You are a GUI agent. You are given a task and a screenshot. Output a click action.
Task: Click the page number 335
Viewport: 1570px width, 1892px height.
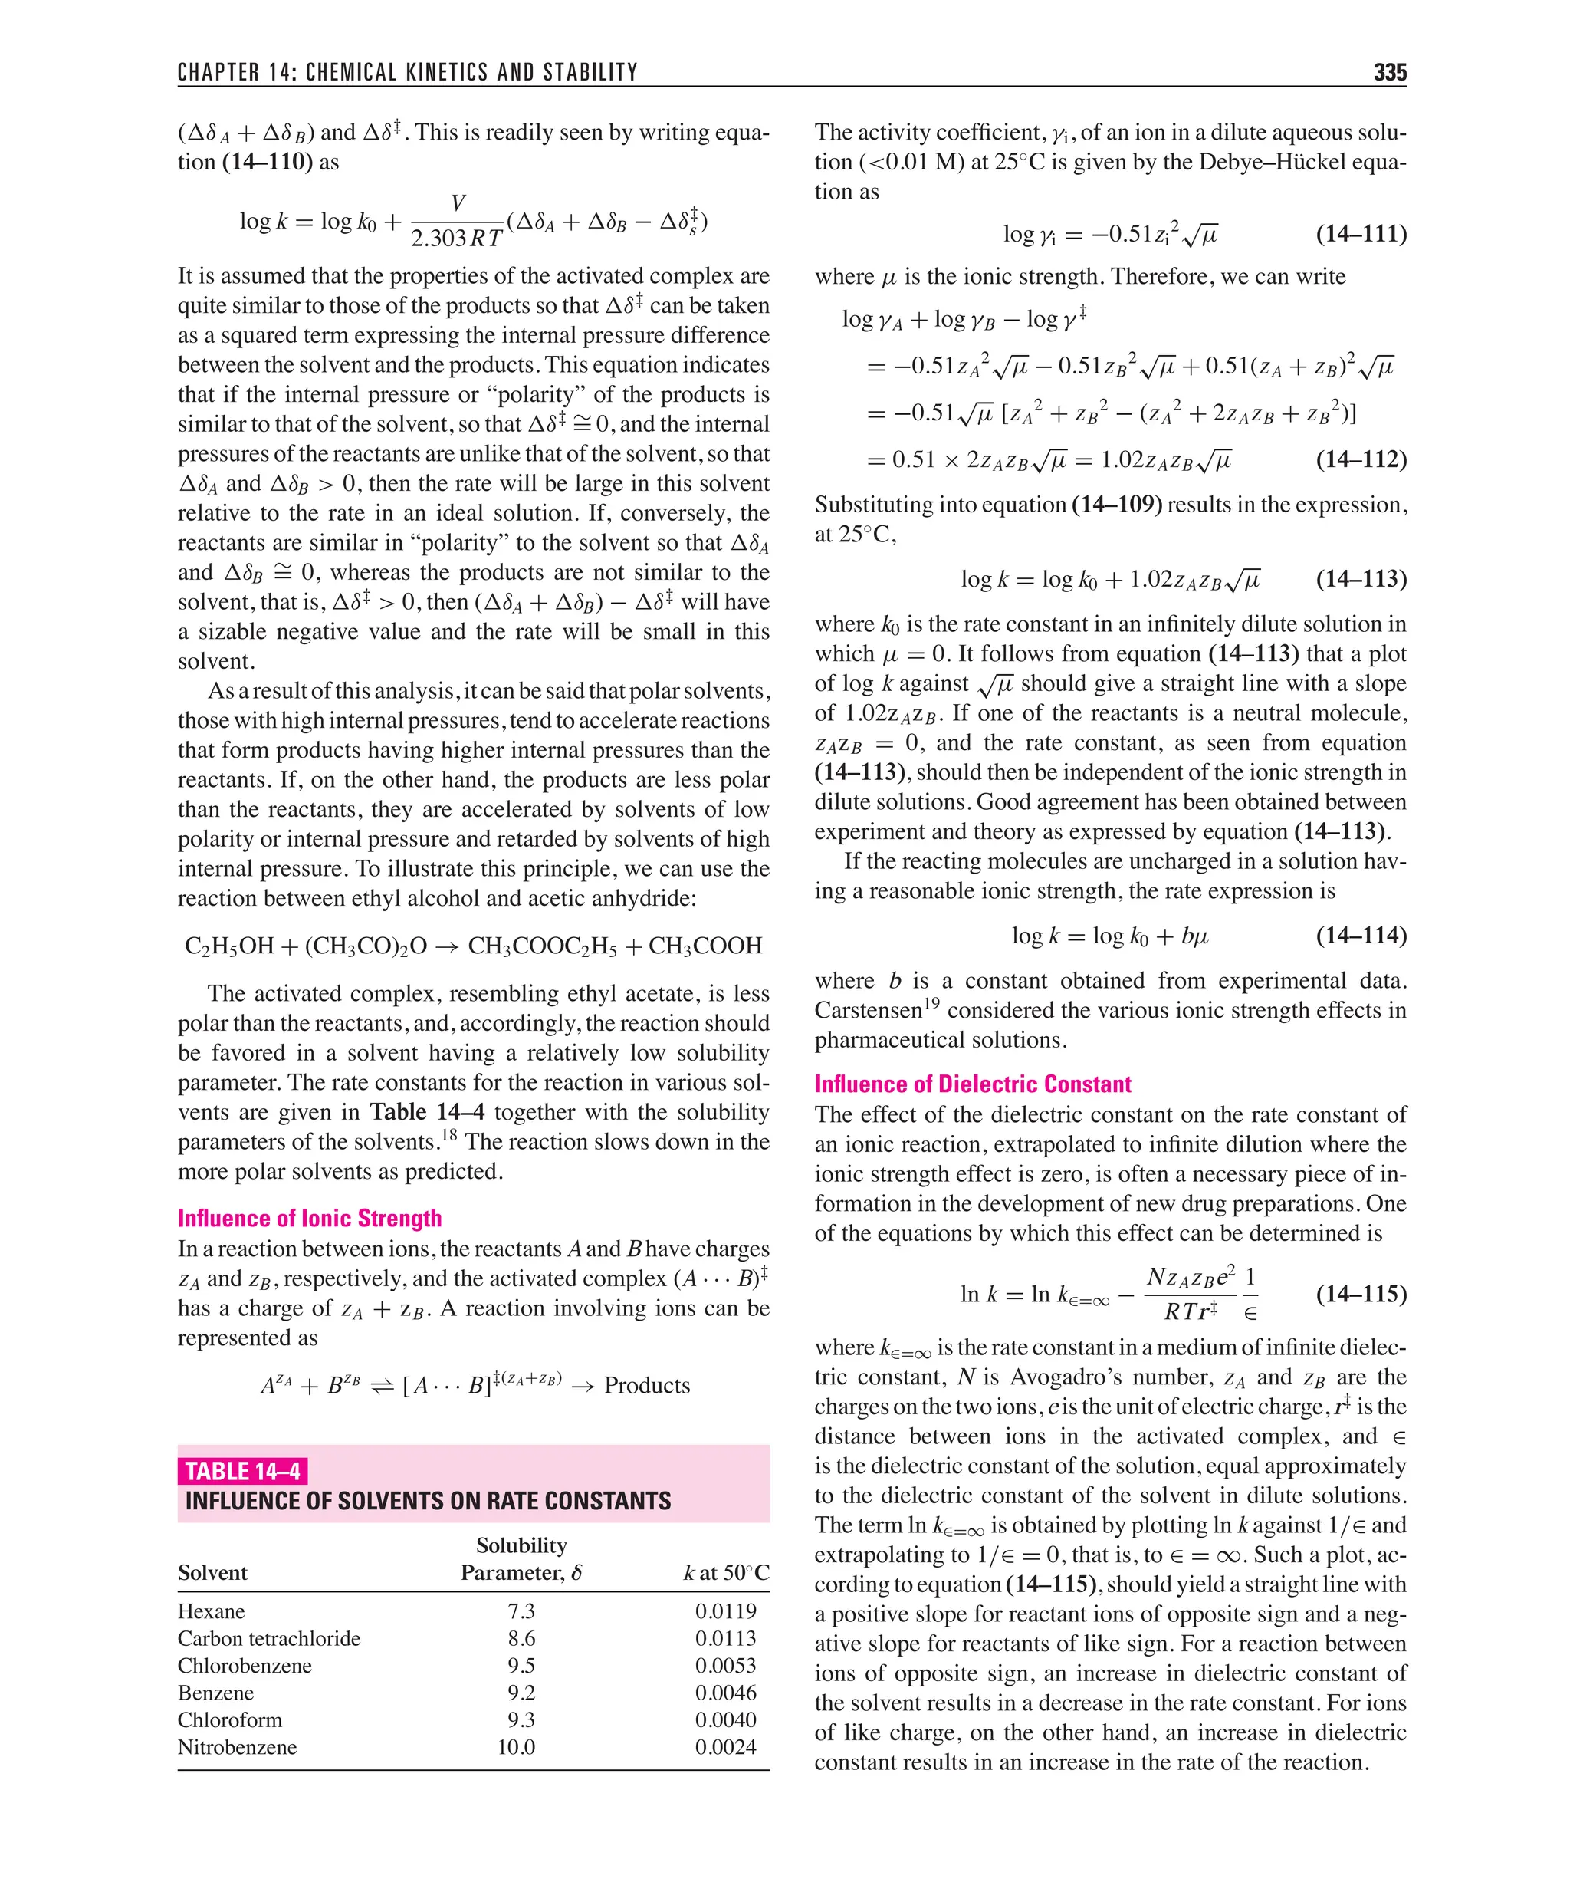1389,72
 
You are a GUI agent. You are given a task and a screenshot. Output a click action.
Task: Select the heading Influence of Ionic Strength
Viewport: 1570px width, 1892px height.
309,1218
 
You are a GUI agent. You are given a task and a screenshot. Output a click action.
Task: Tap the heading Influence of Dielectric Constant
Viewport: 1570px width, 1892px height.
972,1084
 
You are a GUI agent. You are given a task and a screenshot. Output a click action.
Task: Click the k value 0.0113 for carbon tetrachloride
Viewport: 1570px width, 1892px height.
725,1638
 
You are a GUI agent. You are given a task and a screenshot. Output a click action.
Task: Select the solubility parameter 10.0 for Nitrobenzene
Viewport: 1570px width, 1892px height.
516,1747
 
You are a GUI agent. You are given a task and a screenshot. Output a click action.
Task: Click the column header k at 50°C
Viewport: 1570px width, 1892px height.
726,1573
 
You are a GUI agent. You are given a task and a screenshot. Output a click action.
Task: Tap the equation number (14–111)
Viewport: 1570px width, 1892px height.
1360,234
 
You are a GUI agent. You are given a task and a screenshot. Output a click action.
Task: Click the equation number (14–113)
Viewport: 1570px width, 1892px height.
1360,578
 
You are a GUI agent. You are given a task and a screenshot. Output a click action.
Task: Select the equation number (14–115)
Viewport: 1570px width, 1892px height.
1360,1294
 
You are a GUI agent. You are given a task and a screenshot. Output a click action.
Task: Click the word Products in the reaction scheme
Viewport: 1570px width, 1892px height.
647,1386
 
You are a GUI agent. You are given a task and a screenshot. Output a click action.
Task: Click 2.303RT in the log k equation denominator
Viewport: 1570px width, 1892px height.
456,238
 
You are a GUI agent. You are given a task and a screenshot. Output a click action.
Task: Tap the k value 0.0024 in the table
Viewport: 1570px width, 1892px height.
725,1747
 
